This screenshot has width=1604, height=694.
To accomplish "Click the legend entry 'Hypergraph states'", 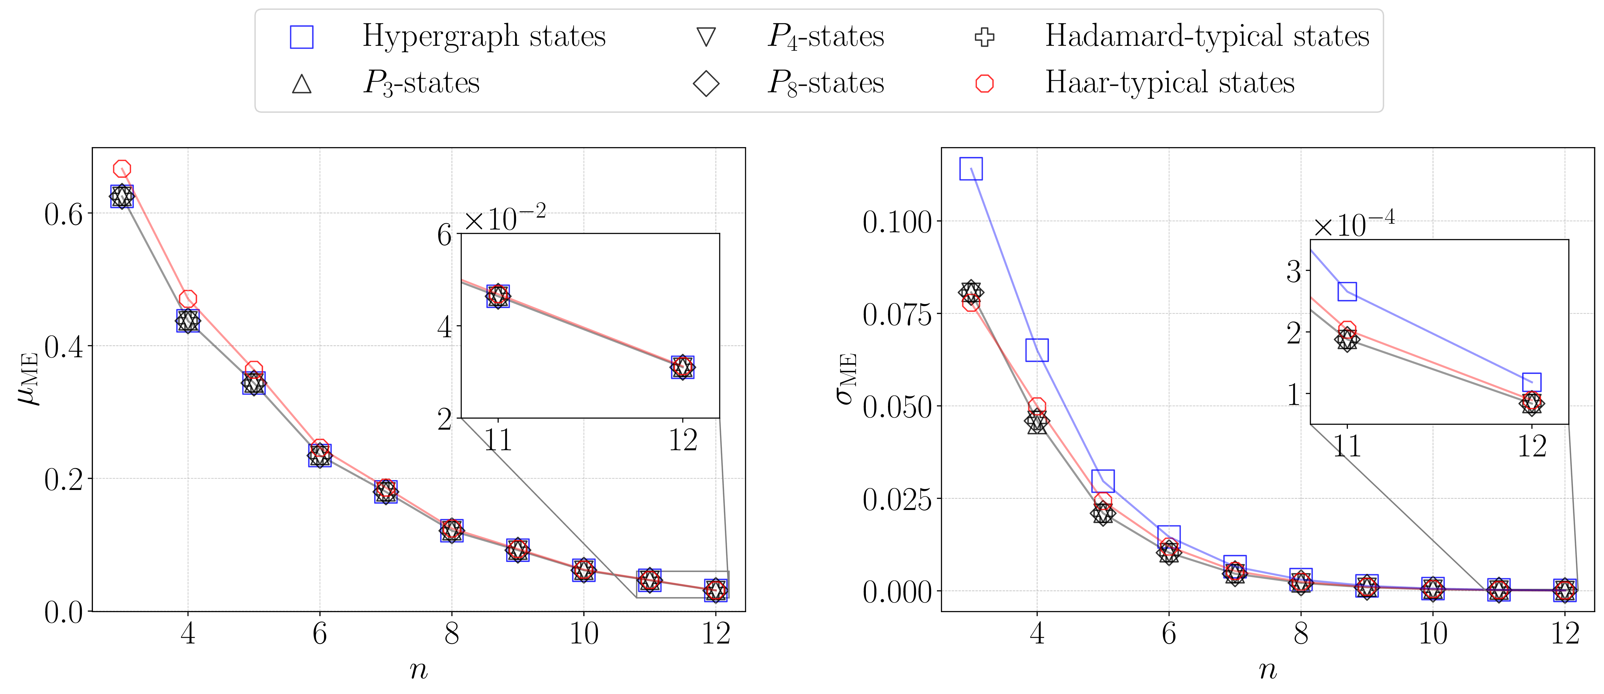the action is coord(484,36).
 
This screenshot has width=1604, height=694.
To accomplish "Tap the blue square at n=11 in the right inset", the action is coord(1347,291).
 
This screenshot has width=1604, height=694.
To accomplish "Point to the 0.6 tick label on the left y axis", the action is coord(63,214).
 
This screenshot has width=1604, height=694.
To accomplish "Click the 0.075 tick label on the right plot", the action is coord(897,315).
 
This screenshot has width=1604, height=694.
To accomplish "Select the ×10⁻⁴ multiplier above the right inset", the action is coord(1352,224).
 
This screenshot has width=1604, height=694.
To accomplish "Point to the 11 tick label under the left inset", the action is coord(498,440).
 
